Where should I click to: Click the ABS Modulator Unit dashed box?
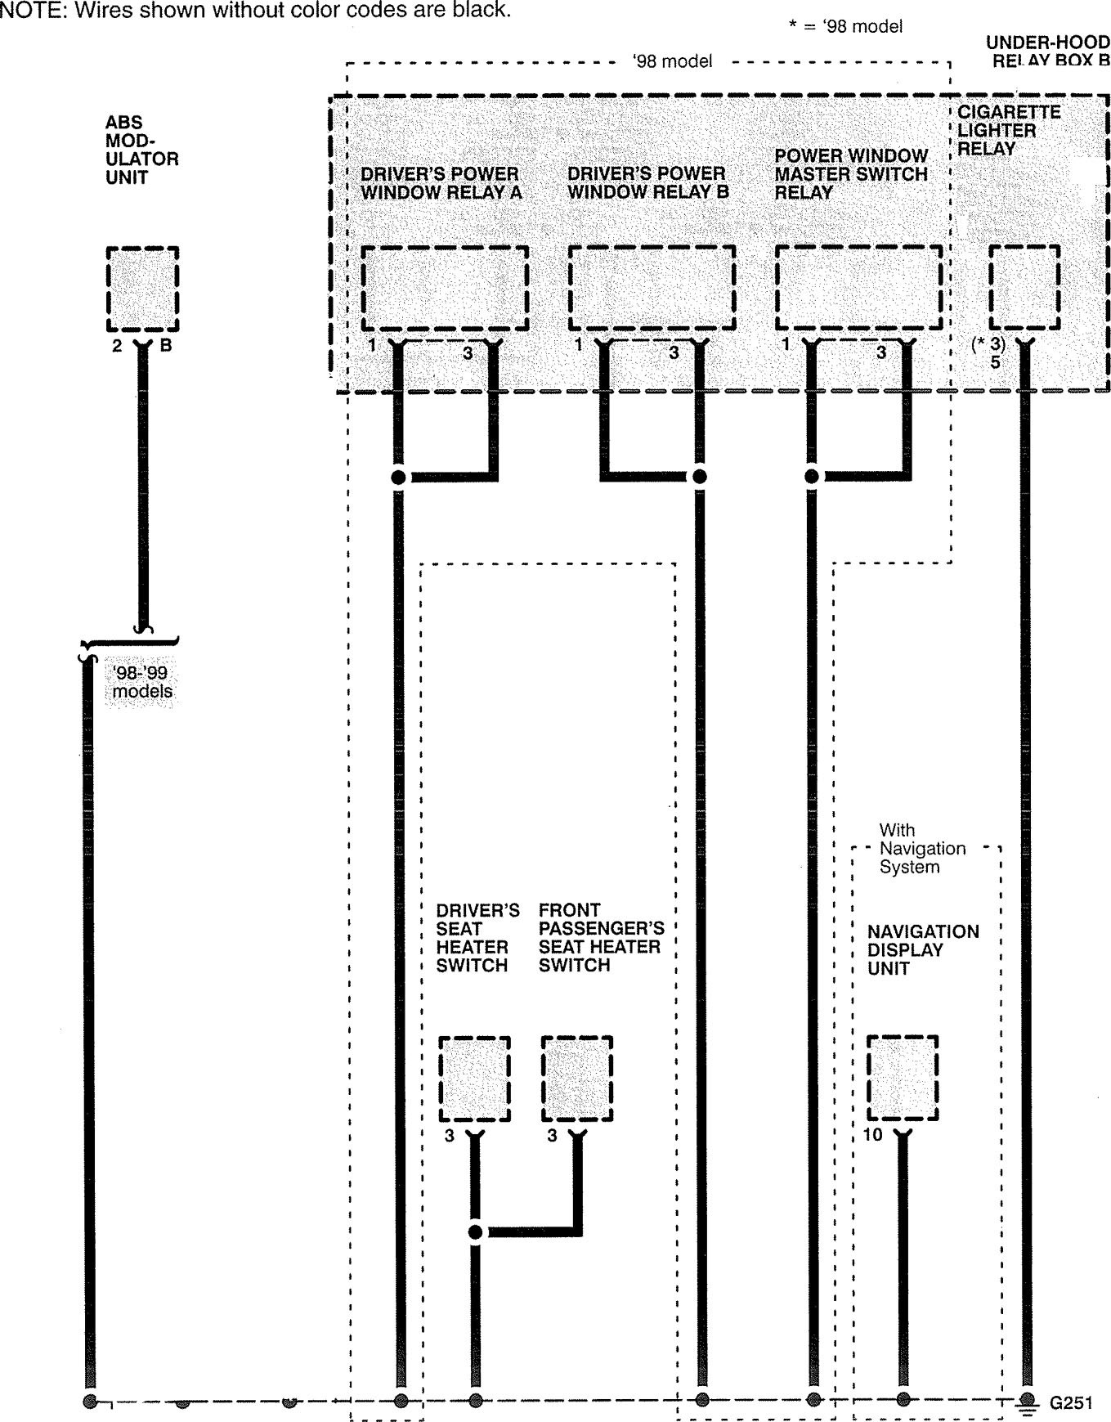pos(142,289)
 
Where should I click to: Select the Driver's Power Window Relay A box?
pos(444,287)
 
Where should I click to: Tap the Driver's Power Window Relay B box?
pos(652,287)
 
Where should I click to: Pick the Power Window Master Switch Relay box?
pos(858,287)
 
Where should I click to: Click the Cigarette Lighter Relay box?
pos(1024,287)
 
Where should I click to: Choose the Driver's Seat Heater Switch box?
pos(474,1079)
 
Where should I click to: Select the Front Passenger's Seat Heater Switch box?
pos(577,1079)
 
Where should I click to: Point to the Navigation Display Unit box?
pos(902,1078)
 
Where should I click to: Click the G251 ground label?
pos(1071,1402)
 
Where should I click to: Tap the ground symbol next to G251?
pos(1028,1401)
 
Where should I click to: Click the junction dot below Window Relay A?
pos(399,478)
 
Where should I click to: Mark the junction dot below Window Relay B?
pos(699,477)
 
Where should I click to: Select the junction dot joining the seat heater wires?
pos(475,1232)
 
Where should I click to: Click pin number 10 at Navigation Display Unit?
pos(872,1135)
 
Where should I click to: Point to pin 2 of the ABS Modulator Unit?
pos(117,346)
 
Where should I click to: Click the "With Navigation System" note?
pos(921,849)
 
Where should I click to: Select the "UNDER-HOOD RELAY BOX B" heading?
pos(1047,51)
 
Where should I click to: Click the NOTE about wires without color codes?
pos(255,11)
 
